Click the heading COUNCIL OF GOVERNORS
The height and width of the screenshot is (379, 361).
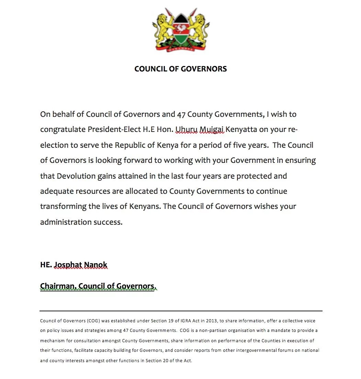180,69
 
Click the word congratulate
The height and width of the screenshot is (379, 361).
63,130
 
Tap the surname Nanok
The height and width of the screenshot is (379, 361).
96,265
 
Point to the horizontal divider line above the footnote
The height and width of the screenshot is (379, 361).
181,311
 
